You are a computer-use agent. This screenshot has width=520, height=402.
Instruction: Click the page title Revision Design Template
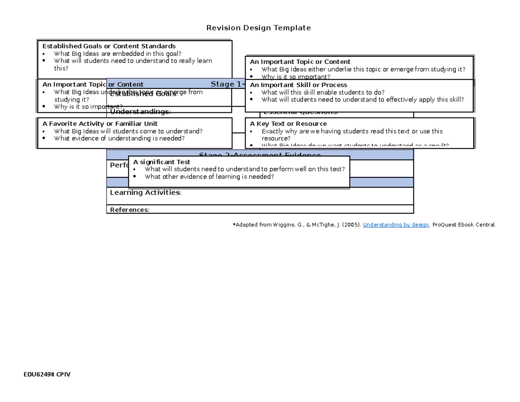(x=259, y=28)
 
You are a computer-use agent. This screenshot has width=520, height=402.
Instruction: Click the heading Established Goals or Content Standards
(x=109, y=46)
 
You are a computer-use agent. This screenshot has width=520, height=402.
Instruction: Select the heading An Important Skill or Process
(x=299, y=85)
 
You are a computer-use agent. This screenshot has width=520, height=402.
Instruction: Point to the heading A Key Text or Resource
(x=288, y=124)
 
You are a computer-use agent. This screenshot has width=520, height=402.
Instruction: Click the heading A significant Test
(x=162, y=162)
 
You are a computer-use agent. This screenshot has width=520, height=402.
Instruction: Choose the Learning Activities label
(x=146, y=193)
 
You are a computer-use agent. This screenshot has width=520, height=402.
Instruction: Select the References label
(x=130, y=210)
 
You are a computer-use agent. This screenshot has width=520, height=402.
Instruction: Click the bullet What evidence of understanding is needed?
(x=119, y=139)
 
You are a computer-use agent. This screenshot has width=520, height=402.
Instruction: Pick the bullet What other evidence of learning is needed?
(x=209, y=176)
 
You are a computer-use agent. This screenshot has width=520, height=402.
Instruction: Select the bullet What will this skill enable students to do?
(x=323, y=92)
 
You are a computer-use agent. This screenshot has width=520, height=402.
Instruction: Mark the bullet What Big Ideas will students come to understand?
(x=128, y=131)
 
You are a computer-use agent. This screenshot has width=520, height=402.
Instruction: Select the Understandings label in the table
(x=140, y=112)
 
